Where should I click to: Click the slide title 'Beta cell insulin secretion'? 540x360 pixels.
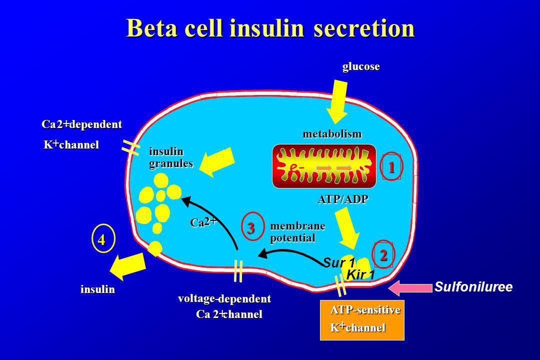[270, 27]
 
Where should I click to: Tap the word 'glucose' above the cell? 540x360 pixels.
[361, 66]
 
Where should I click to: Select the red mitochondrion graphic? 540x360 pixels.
[324, 166]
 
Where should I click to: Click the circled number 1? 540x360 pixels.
[391, 167]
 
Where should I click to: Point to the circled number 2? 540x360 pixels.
[383, 255]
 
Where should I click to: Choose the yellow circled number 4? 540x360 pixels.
[102, 238]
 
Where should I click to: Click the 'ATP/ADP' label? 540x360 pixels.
[343, 199]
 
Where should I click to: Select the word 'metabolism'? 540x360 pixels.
[332, 133]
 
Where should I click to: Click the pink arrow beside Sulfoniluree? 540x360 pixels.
[410, 287]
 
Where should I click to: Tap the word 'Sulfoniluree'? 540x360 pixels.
[473, 287]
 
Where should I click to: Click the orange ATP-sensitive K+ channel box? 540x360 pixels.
[362, 320]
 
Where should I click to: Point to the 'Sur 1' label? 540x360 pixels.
[339, 263]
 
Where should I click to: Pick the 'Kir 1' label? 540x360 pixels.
[360, 275]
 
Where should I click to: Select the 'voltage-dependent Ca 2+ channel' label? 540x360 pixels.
[224, 306]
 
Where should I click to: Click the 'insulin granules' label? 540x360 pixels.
[171, 157]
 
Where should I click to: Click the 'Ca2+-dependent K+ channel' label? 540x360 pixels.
[82, 134]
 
